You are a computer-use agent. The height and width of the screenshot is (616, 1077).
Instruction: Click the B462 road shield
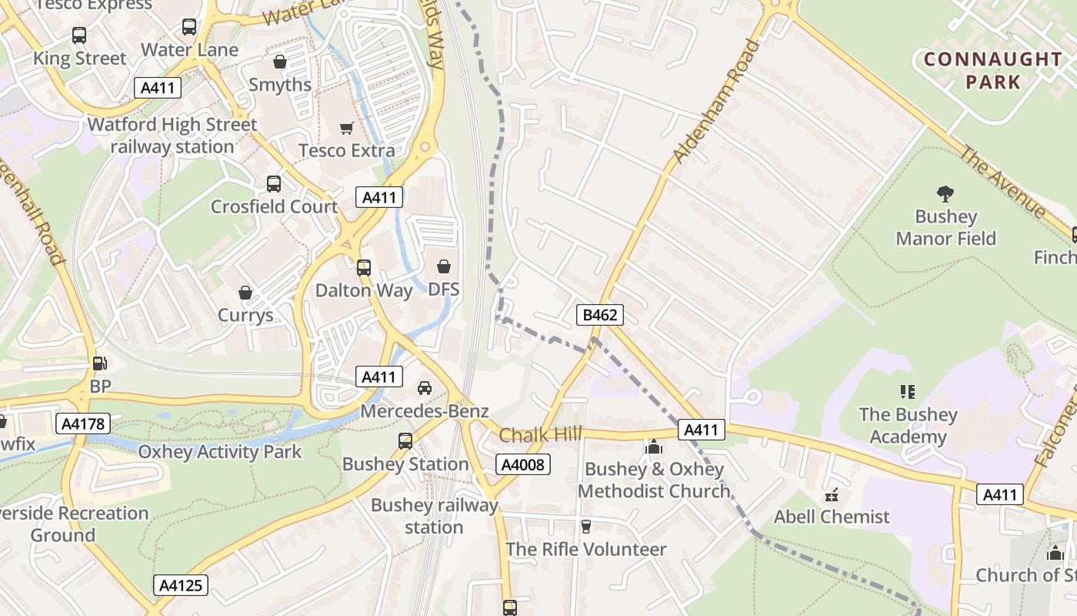(599, 314)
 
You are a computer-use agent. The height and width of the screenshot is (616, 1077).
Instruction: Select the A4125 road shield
(181, 585)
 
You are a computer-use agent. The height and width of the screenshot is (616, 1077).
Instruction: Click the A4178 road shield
(83, 423)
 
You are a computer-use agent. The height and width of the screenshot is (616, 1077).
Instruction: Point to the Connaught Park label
(993, 70)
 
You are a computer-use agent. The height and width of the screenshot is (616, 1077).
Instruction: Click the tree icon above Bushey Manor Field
(945, 194)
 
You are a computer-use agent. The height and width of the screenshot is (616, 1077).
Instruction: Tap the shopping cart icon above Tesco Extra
(347, 128)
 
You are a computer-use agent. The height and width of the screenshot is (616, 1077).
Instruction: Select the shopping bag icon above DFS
(444, 267)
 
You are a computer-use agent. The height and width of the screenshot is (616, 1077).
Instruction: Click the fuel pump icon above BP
(99, 363)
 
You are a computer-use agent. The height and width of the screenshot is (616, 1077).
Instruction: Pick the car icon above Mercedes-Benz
(425, 388)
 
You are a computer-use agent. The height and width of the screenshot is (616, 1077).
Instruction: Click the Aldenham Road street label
(715, 101)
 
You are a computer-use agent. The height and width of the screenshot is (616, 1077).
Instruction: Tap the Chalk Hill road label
(541, 435)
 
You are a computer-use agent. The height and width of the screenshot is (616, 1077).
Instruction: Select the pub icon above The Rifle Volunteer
(586, 527)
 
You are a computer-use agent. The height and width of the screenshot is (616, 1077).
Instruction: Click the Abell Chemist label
(832, 517)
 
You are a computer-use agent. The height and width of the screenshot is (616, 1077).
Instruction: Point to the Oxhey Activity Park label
(220, 452)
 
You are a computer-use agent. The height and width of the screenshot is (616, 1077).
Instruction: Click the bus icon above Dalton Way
(364, 268)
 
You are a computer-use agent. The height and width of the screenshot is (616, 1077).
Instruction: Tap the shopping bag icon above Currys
(245, 293)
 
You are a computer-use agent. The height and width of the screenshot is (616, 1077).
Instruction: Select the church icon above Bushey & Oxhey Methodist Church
(654, 447)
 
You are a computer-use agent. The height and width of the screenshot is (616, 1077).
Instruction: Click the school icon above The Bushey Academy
(908, 392)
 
